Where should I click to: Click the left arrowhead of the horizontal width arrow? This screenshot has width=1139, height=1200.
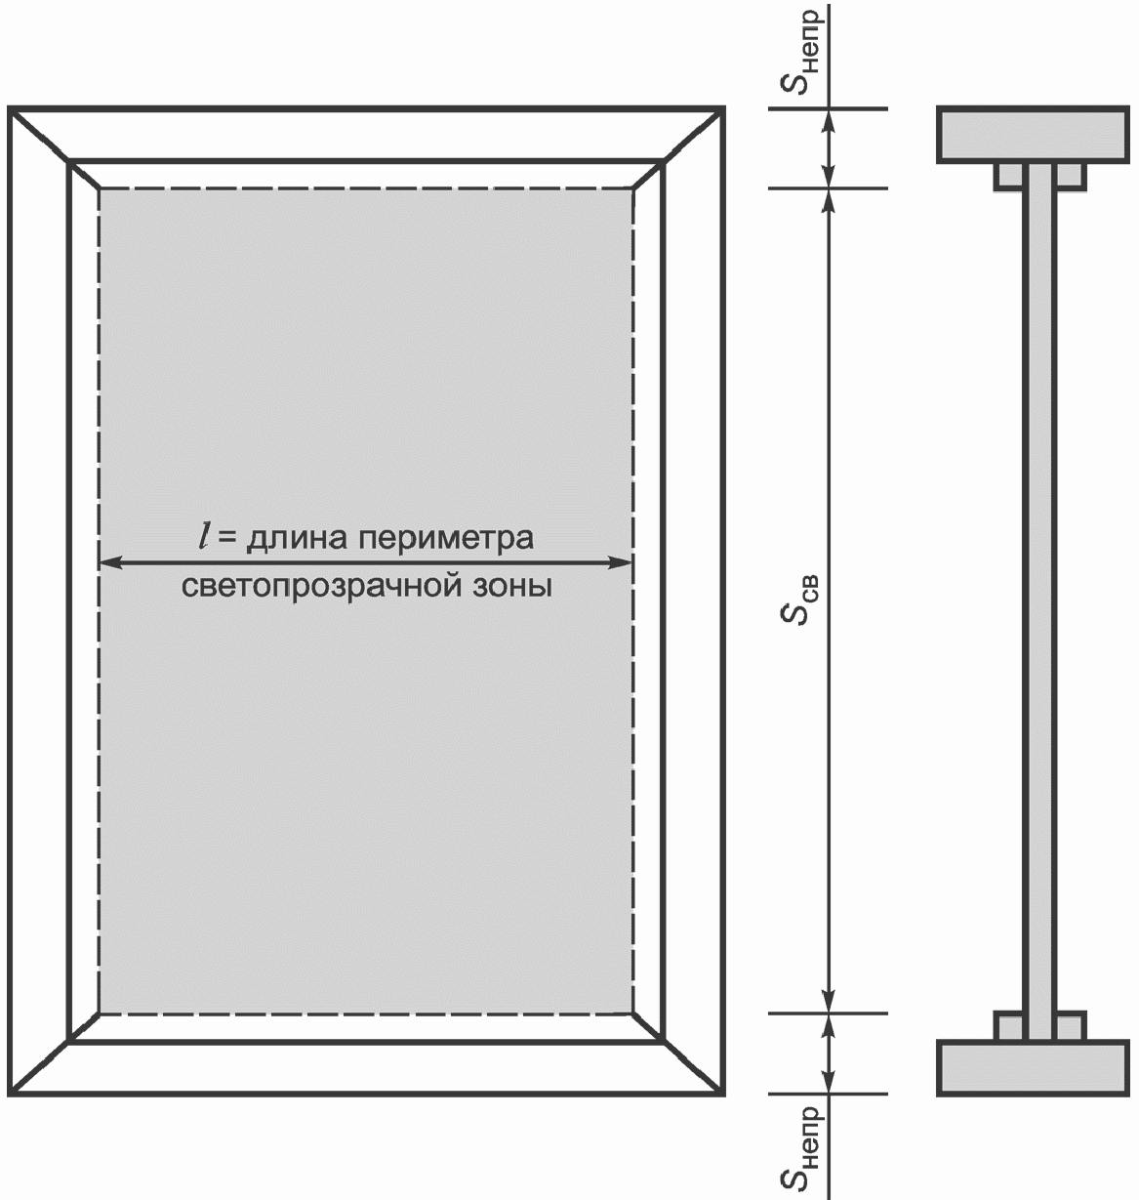click(109, 561)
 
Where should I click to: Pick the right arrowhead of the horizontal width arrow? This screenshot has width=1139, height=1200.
click(623, 561)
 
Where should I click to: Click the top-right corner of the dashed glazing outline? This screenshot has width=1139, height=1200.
click(633, 188)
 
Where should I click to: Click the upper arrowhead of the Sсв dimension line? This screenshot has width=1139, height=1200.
click(829, 198)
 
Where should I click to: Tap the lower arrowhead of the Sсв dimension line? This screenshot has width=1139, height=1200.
click(829, 1003)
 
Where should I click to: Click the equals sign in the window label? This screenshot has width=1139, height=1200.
click(226, 538)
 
